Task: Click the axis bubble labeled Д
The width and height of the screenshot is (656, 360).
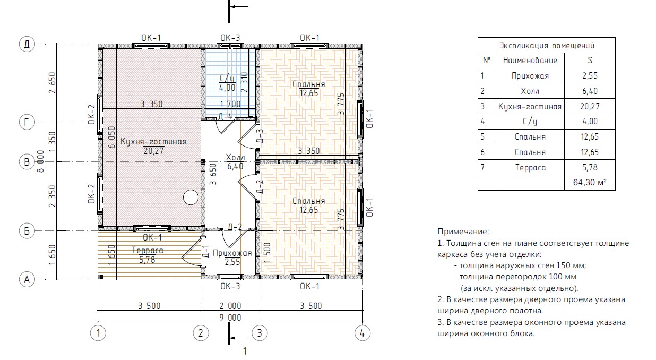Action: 27,44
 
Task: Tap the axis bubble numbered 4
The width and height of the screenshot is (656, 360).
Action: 362,333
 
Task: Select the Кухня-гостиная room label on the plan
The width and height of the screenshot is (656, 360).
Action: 153,142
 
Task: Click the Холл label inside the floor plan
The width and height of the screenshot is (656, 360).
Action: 236,158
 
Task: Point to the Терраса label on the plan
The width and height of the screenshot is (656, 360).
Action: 148,251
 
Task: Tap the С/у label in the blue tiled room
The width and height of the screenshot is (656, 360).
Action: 227,79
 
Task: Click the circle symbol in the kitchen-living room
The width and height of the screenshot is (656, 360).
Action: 191,197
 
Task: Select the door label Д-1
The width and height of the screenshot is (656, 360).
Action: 205,252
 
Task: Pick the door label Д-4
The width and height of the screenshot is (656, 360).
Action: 226,117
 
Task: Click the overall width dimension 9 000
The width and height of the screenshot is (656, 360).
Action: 230,318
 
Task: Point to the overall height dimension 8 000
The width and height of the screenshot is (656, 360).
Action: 41,161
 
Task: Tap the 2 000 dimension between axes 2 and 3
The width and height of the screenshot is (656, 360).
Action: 230,306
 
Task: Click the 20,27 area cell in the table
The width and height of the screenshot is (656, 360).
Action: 590,106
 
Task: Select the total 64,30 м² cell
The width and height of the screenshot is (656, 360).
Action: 590,183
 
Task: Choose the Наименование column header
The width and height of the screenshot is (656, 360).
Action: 530,61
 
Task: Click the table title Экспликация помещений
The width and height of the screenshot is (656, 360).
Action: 547,46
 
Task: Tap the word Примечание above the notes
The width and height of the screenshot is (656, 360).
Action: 463,232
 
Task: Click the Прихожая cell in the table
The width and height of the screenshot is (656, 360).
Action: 530,76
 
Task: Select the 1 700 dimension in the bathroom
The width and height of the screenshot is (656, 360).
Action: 230,104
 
